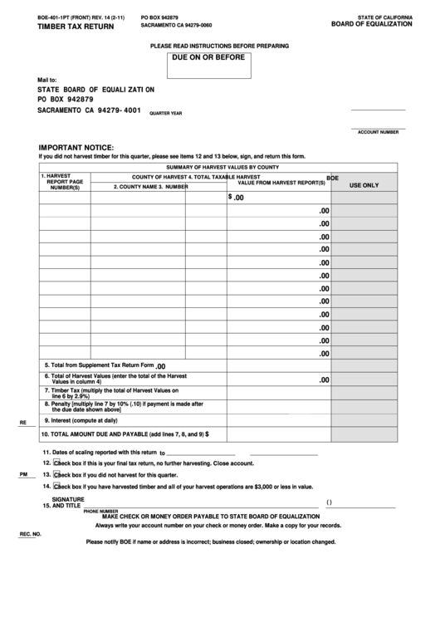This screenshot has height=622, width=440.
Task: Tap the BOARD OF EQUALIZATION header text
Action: tap(371, 26)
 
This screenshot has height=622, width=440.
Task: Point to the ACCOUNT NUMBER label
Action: tap(378, 132)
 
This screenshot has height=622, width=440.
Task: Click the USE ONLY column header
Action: tap(364, 186)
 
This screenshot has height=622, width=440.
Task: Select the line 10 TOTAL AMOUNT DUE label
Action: tap(124, 433)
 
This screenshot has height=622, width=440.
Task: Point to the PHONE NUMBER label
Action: tap(100, 511)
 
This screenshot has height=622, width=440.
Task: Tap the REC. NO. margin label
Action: tap(31, 535)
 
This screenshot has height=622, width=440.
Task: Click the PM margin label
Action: tap(23, 474)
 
